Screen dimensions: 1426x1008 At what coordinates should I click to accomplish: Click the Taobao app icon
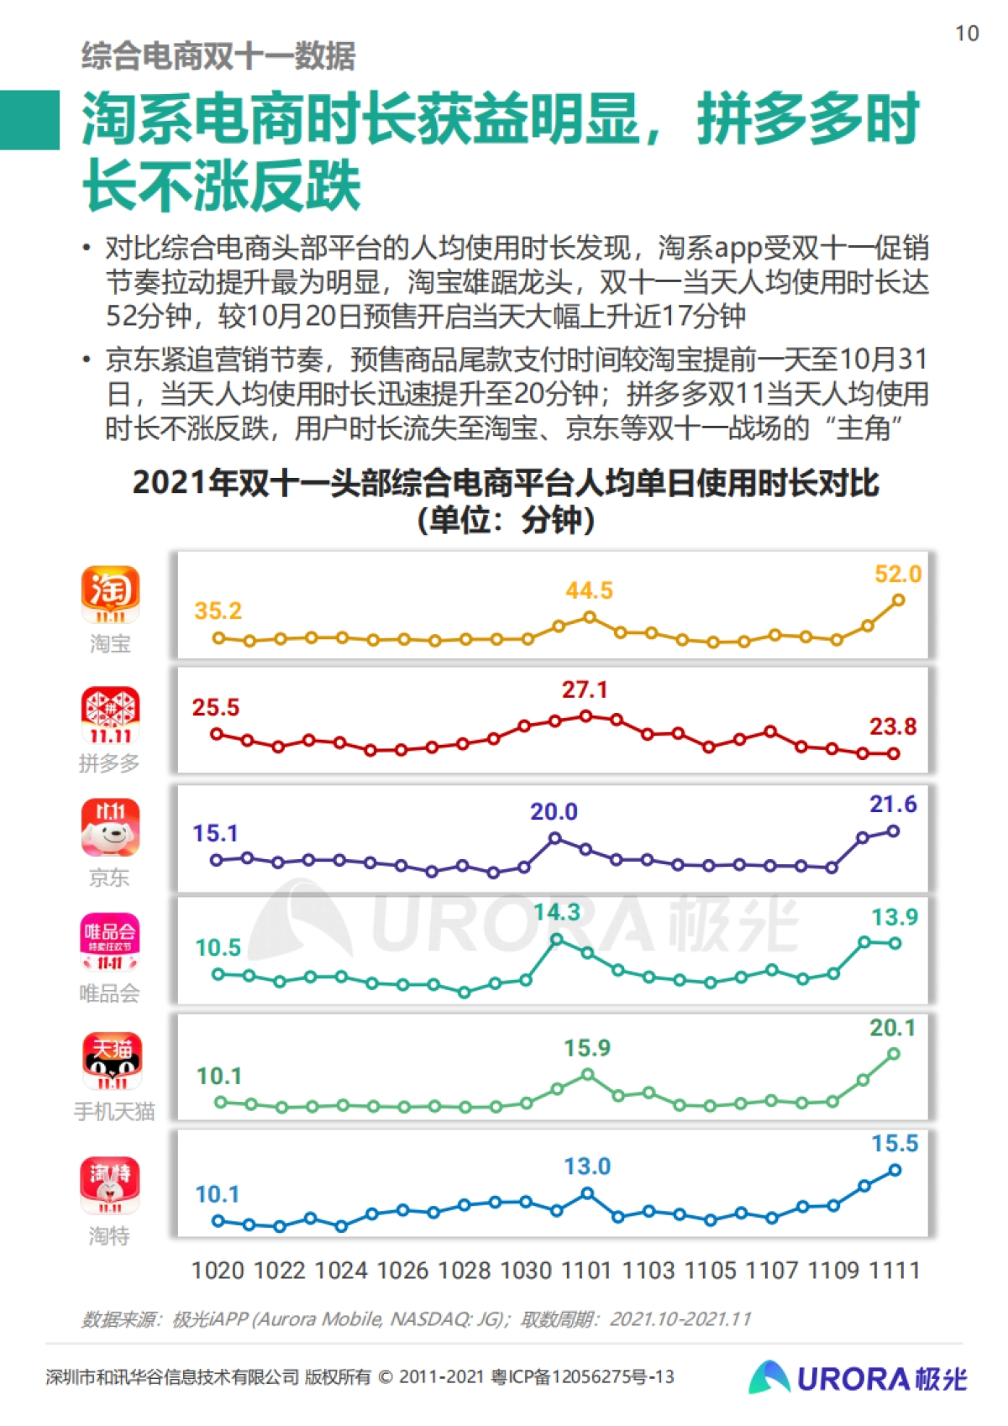click(x=110, y=595)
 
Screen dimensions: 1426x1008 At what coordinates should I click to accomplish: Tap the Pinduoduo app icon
click(x=110, y=716)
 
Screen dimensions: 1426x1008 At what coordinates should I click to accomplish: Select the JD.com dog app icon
click(x=110, y=827)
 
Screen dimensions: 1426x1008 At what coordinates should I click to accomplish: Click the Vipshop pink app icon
click(x=110, y=941)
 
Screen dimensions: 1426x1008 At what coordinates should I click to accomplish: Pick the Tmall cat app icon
click(x=112, y=1060)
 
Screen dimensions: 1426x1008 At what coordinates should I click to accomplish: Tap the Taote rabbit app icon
click(x=110, y=1185)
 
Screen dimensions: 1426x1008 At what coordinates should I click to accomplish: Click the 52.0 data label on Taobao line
click(x=897, y=574)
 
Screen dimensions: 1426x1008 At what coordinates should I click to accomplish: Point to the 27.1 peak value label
click(x=584, y=689)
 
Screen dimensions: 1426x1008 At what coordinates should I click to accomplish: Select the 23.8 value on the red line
click(x=892, y=726)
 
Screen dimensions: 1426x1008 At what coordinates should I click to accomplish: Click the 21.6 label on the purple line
click(x=892, y=805)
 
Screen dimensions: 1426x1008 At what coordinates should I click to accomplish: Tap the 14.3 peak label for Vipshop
click(x=556, y=912)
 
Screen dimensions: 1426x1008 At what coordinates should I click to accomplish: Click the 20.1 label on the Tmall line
click(x=892, y=1028)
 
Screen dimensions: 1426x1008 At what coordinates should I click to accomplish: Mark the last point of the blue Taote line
click(x=895, y=1170)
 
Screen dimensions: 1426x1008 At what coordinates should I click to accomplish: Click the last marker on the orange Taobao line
click(x=898, y=600)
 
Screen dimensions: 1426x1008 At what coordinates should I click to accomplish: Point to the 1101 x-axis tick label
click(x=585, y=1271)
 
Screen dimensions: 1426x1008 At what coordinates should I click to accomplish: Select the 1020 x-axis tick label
click(x=217, y=1271)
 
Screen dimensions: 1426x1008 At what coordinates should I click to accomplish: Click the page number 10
click(x=967, y=34)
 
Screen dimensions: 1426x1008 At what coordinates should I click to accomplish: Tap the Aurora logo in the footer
click(x=857, y=1378)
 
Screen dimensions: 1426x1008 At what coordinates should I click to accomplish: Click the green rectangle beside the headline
click(x=29, y=120)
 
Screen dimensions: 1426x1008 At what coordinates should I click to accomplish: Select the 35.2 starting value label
click(x=218, y=611)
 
